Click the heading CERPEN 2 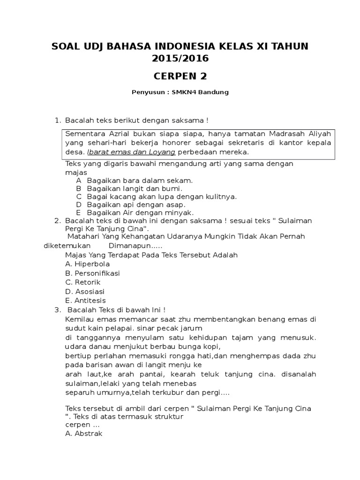pyautogui.click(x=180, y=76)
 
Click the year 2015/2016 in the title pyautogui.click(x=180, y=59)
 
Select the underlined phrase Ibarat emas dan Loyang pyautogui.click(x=132, y=152)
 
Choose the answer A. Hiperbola pyautogui.click(x=88, y=264)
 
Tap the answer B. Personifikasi pyautogui.click(x=93, y=273)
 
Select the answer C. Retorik pyautogui.click(x=83, y=282)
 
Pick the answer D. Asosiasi pyautogui.click(x=85, y=291)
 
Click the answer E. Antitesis pyautogui.click(x=86, y=300)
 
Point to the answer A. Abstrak pyautogui.click(x=84, y=434)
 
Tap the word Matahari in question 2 pyautogui.click(x=82, y=236)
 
